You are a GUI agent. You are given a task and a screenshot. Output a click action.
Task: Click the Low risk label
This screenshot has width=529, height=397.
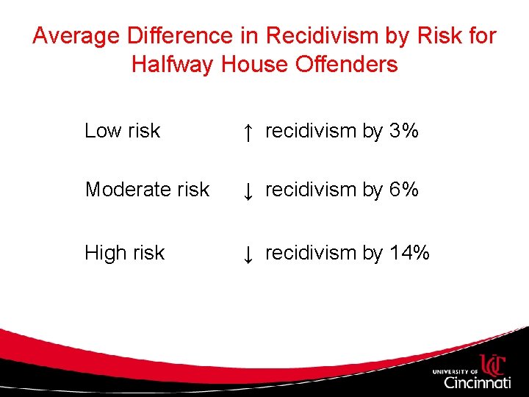point(122,131)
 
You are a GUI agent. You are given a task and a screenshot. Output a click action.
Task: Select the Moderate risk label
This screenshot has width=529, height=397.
point(147,190)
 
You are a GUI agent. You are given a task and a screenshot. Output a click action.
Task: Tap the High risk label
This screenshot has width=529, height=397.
point(124,253)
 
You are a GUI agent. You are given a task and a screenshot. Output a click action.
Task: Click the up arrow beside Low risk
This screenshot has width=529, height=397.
point(248,132)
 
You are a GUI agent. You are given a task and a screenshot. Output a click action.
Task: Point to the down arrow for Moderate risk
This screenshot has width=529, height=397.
point(248,191)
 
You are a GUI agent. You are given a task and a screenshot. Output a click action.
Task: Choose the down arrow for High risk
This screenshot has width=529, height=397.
point(248,254)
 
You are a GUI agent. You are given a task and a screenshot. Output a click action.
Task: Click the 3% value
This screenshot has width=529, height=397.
point(404,131)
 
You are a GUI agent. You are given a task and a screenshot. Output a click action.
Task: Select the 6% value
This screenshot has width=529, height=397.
point(404,190)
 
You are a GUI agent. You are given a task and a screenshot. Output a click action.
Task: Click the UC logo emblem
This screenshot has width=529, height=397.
point(492,365)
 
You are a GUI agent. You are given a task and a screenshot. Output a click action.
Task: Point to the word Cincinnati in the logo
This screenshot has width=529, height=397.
point(477,383)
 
